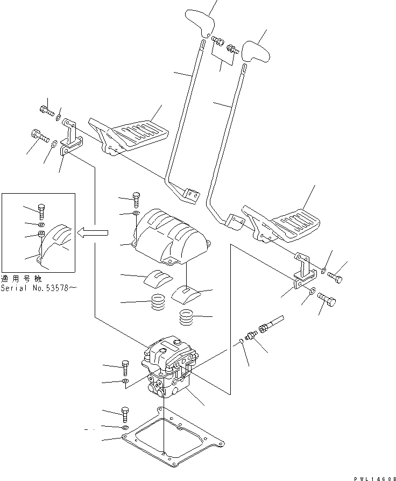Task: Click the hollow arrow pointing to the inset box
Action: click(94, 233)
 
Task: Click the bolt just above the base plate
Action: click(126, 415)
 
